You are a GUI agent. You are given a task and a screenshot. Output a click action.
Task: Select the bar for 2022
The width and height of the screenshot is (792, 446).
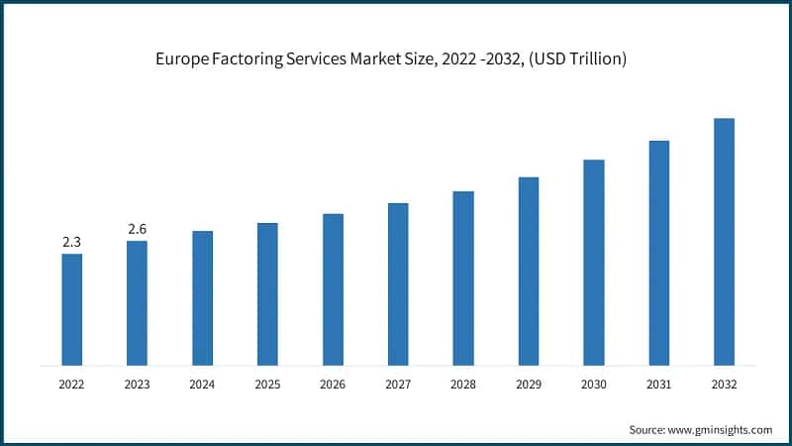tap(71, 309)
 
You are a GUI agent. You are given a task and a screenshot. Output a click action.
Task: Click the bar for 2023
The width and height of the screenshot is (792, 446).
tap(137, 302)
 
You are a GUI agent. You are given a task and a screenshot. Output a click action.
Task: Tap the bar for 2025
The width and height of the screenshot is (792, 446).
tap(267, 293)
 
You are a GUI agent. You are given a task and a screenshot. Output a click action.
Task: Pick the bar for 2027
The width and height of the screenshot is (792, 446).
tap(398, 283)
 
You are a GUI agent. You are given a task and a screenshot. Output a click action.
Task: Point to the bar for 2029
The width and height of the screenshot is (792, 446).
tap(529, 271)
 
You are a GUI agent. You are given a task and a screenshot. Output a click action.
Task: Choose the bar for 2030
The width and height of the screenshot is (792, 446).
tap(594, 262)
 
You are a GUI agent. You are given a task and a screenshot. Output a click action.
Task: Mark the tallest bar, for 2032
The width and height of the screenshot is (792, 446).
tap(724, 241)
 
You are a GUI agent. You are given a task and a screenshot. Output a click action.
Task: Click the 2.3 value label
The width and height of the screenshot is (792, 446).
tap(71, 241)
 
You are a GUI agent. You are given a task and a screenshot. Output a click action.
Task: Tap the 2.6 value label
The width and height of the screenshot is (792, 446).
tap(137, 229)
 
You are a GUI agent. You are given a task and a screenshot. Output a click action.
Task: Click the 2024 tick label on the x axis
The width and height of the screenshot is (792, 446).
tap(202, 384)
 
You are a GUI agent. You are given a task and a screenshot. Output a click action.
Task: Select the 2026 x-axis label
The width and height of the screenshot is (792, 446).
tap(333, 384)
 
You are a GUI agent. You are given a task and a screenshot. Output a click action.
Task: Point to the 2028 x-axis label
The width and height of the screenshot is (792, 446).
tap(463, 384)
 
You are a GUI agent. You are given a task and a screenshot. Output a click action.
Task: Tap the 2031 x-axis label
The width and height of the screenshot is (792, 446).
tap(659, 384)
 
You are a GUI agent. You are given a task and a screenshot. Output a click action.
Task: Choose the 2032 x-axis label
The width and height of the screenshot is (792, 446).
tap(724, 384)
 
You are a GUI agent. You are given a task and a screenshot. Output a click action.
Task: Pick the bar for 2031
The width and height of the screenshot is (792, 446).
tap(659, 253)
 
